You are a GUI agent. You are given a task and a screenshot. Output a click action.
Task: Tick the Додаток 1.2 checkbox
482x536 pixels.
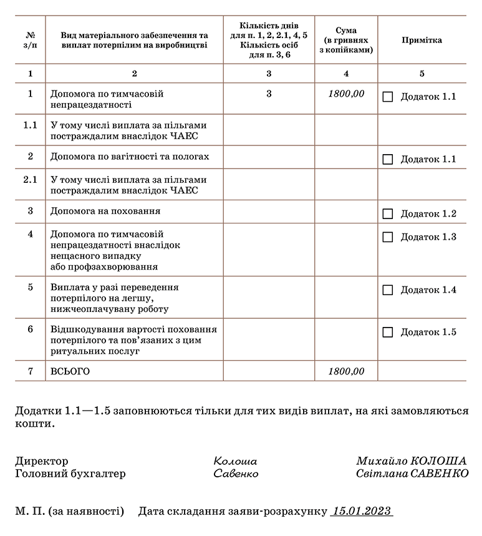[388, 214]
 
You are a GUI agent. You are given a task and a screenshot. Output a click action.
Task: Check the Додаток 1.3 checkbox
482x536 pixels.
[388, 237]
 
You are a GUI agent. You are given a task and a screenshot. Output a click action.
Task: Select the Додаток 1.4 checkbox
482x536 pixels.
[388, 290]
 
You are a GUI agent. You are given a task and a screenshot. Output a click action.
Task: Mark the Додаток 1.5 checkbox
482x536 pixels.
[388, 332]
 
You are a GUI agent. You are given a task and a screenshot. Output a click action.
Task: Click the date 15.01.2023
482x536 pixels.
[362, 512]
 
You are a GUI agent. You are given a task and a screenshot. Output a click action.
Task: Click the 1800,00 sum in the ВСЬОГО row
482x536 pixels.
[346, 371]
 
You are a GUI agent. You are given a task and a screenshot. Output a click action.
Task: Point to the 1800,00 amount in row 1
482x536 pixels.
[346, 94]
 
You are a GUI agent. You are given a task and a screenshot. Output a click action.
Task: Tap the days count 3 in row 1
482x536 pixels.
[269, 94]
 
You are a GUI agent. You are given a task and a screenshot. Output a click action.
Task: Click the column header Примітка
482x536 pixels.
[422, 40]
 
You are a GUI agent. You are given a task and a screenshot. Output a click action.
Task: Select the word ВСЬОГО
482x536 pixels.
[70, 371]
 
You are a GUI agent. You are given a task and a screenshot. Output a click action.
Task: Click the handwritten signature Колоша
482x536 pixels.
[235, 462]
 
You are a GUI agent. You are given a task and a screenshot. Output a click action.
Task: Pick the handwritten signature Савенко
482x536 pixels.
[236, 474]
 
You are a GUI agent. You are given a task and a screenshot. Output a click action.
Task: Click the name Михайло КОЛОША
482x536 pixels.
[412, 461]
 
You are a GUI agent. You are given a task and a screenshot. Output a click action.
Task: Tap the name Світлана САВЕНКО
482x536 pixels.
[412, 474]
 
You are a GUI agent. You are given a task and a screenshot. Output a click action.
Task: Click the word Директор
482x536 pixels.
[42, 462]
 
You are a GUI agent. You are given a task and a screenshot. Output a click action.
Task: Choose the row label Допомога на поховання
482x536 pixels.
[105, 212]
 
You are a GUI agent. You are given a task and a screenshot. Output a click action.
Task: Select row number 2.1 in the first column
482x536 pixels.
[31, 180]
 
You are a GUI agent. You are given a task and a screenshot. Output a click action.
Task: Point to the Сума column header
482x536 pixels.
[346, 40]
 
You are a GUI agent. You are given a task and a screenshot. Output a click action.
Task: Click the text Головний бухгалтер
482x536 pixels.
[70, 474]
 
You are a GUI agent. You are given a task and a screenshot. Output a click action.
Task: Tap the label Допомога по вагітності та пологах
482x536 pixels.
[130, 157]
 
